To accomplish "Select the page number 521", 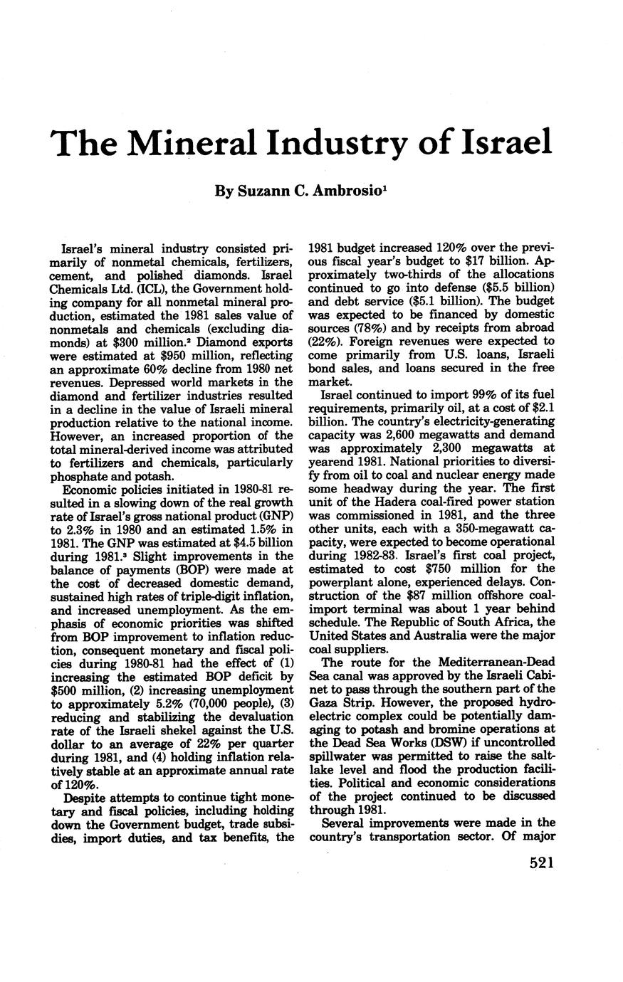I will tap(541, 862).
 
